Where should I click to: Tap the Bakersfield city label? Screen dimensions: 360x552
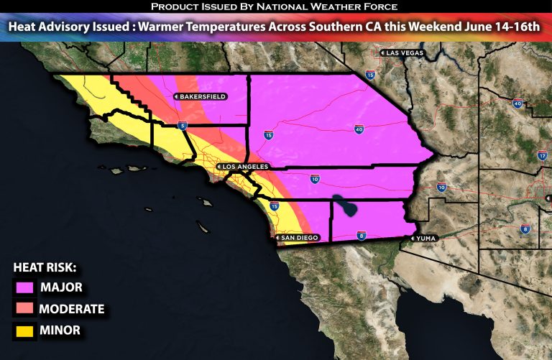point(201,96)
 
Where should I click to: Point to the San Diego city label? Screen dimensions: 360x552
point(297,238)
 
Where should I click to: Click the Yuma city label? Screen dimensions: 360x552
point(423,239)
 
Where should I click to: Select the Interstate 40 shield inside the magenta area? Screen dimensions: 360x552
point(357,129)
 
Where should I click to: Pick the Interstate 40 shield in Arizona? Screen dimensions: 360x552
point(517,104)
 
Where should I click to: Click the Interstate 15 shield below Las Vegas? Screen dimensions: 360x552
point(370,74)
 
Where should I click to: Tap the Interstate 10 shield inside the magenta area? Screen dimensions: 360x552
point(315,178)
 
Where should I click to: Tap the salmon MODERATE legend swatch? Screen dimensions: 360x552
point(24,309)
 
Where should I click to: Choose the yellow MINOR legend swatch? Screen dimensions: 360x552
point(24,331)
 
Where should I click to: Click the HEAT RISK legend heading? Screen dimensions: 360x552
point(45,267)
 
